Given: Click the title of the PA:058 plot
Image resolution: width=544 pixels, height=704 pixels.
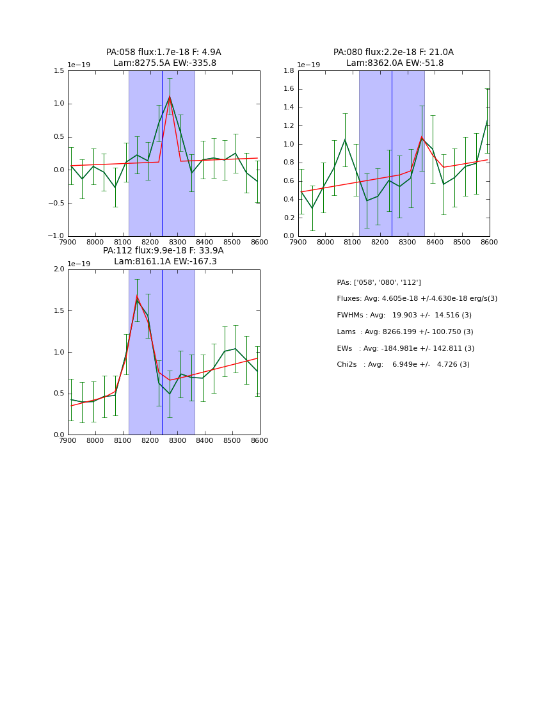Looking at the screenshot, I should (x=164, y=58).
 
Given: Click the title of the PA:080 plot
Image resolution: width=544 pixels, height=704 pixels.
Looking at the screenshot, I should (x=394, y=58).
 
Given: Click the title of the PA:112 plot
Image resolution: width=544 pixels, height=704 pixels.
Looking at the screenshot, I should (x=164, y=256).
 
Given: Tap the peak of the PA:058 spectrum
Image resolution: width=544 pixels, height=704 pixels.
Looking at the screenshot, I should (x=170, y=97).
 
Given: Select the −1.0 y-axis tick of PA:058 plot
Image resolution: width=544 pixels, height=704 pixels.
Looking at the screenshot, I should (x=56, y=236).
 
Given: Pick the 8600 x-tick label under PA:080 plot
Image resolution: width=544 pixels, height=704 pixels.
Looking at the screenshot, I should (x=490, y=243).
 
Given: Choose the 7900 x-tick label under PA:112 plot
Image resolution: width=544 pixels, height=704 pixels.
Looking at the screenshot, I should (x=68, y=441).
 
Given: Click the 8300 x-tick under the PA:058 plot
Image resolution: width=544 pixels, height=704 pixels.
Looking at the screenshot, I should (x=177, y=243).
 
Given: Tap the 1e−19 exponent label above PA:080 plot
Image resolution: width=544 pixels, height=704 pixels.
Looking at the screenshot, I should (x=308, y=65).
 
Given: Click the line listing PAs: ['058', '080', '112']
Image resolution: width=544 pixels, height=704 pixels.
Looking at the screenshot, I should (x=379, y=282).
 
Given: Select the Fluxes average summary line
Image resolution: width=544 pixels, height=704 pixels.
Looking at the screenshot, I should (x=417, y=299).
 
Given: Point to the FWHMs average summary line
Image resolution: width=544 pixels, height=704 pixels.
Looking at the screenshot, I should (x=404, y=316).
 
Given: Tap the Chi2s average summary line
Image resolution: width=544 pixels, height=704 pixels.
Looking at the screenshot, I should (x=403, y=365).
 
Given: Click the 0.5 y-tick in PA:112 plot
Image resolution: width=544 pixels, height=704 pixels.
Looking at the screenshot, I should (x=60, y=394).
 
